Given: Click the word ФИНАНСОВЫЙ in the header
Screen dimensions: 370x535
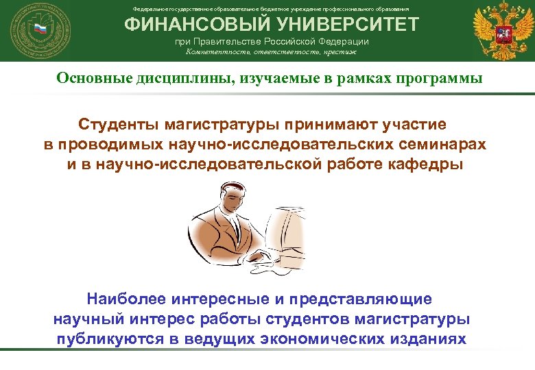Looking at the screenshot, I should [x=180, y=25].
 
